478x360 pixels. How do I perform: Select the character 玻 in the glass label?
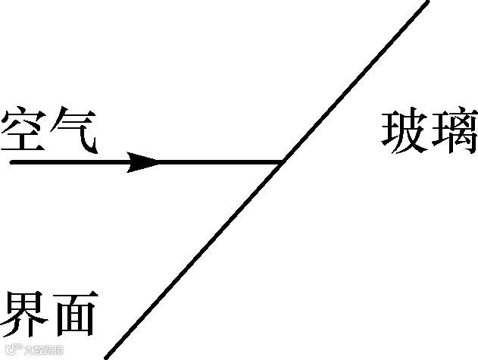click(x=403, y=133)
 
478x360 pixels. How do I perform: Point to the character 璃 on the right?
click(x=454, y=133)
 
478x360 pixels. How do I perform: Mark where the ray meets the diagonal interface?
click(x=283, y=162)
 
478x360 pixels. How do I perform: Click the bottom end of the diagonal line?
click(x=106, y=357)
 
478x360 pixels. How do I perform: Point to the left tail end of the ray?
click(x=11, y=162)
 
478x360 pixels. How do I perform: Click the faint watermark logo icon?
click(x=9, y=350)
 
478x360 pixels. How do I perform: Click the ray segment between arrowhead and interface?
click(x=220, y=162)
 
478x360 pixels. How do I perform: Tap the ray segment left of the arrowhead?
click(x=68, y=162)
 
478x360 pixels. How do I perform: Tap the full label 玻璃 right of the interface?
click(x=429, y=133)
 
